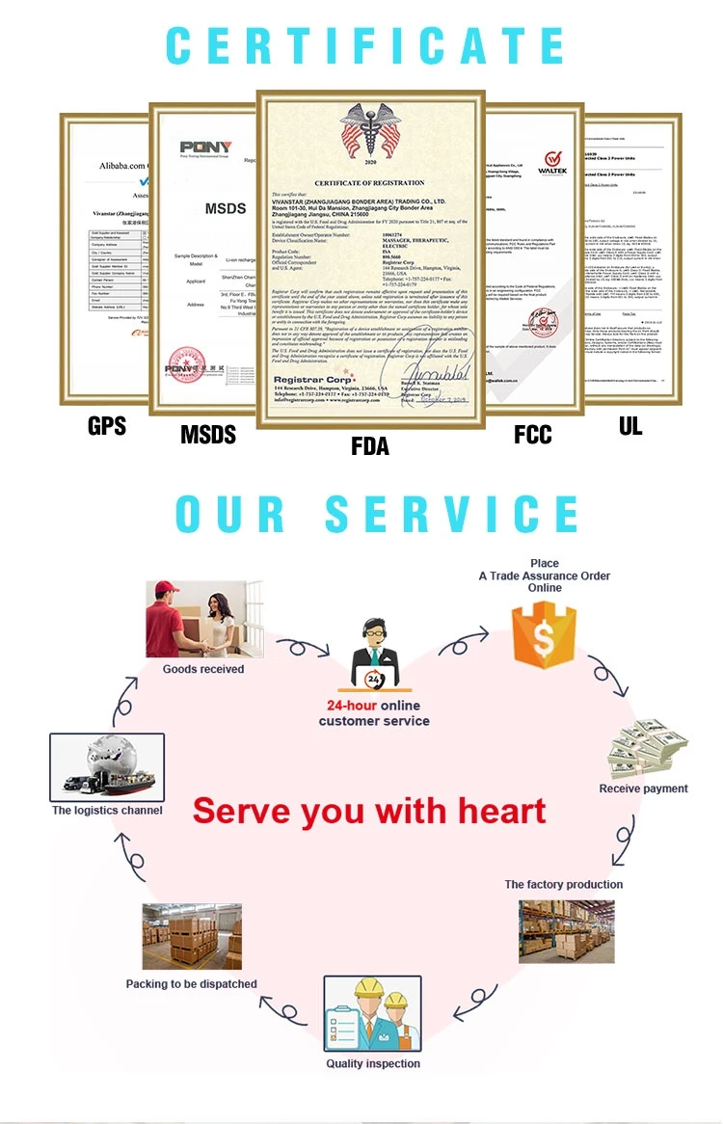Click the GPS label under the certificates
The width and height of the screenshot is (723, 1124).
coord(106,425)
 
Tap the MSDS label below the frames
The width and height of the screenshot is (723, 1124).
coord(208,435)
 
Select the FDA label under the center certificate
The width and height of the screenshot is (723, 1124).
coord(371,445)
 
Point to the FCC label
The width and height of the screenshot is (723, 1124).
coord(533,435)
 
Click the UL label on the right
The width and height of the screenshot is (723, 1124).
coord(630,425)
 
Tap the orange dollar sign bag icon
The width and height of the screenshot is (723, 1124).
coord(543,633)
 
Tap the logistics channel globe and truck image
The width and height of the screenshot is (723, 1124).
coord(107,766)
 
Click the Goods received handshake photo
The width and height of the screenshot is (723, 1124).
coord(203,619)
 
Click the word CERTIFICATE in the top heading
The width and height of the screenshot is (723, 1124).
coord(365,45)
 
